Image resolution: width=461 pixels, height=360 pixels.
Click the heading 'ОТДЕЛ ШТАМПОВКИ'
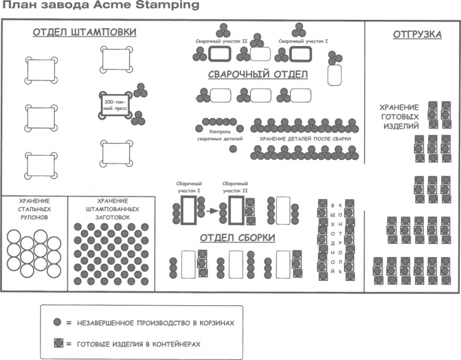[85, 32]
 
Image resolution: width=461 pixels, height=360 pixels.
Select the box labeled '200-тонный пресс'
[115, 106]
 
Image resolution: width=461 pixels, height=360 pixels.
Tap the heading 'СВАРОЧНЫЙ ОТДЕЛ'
[258, 75]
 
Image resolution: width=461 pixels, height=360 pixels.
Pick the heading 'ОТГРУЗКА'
[417, 34]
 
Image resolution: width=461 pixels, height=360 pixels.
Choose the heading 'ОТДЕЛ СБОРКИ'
[238, 237]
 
